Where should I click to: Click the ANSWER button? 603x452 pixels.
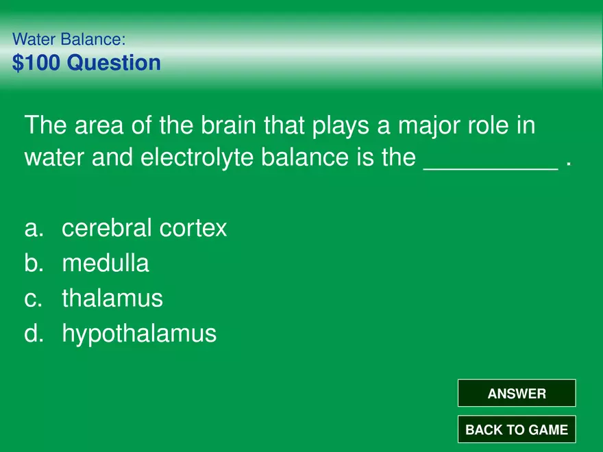(x=517, y=394)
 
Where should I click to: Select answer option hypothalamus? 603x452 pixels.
(x=139, y=334)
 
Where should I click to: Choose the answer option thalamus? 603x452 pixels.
(x=112, y=298)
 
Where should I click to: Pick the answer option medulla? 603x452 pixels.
(x=105, y=263)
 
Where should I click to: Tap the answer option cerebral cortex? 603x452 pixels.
(x=144, y=228)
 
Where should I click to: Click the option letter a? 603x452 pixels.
(x=32, y=229)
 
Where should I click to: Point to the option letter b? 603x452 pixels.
(x=32, y=263)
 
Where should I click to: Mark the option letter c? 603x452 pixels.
(x=32, y=299)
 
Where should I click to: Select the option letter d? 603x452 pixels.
(x=32, y=334)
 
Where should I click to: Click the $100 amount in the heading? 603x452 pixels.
(x=36, y=63)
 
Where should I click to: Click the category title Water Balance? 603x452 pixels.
(x=69, y=39)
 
